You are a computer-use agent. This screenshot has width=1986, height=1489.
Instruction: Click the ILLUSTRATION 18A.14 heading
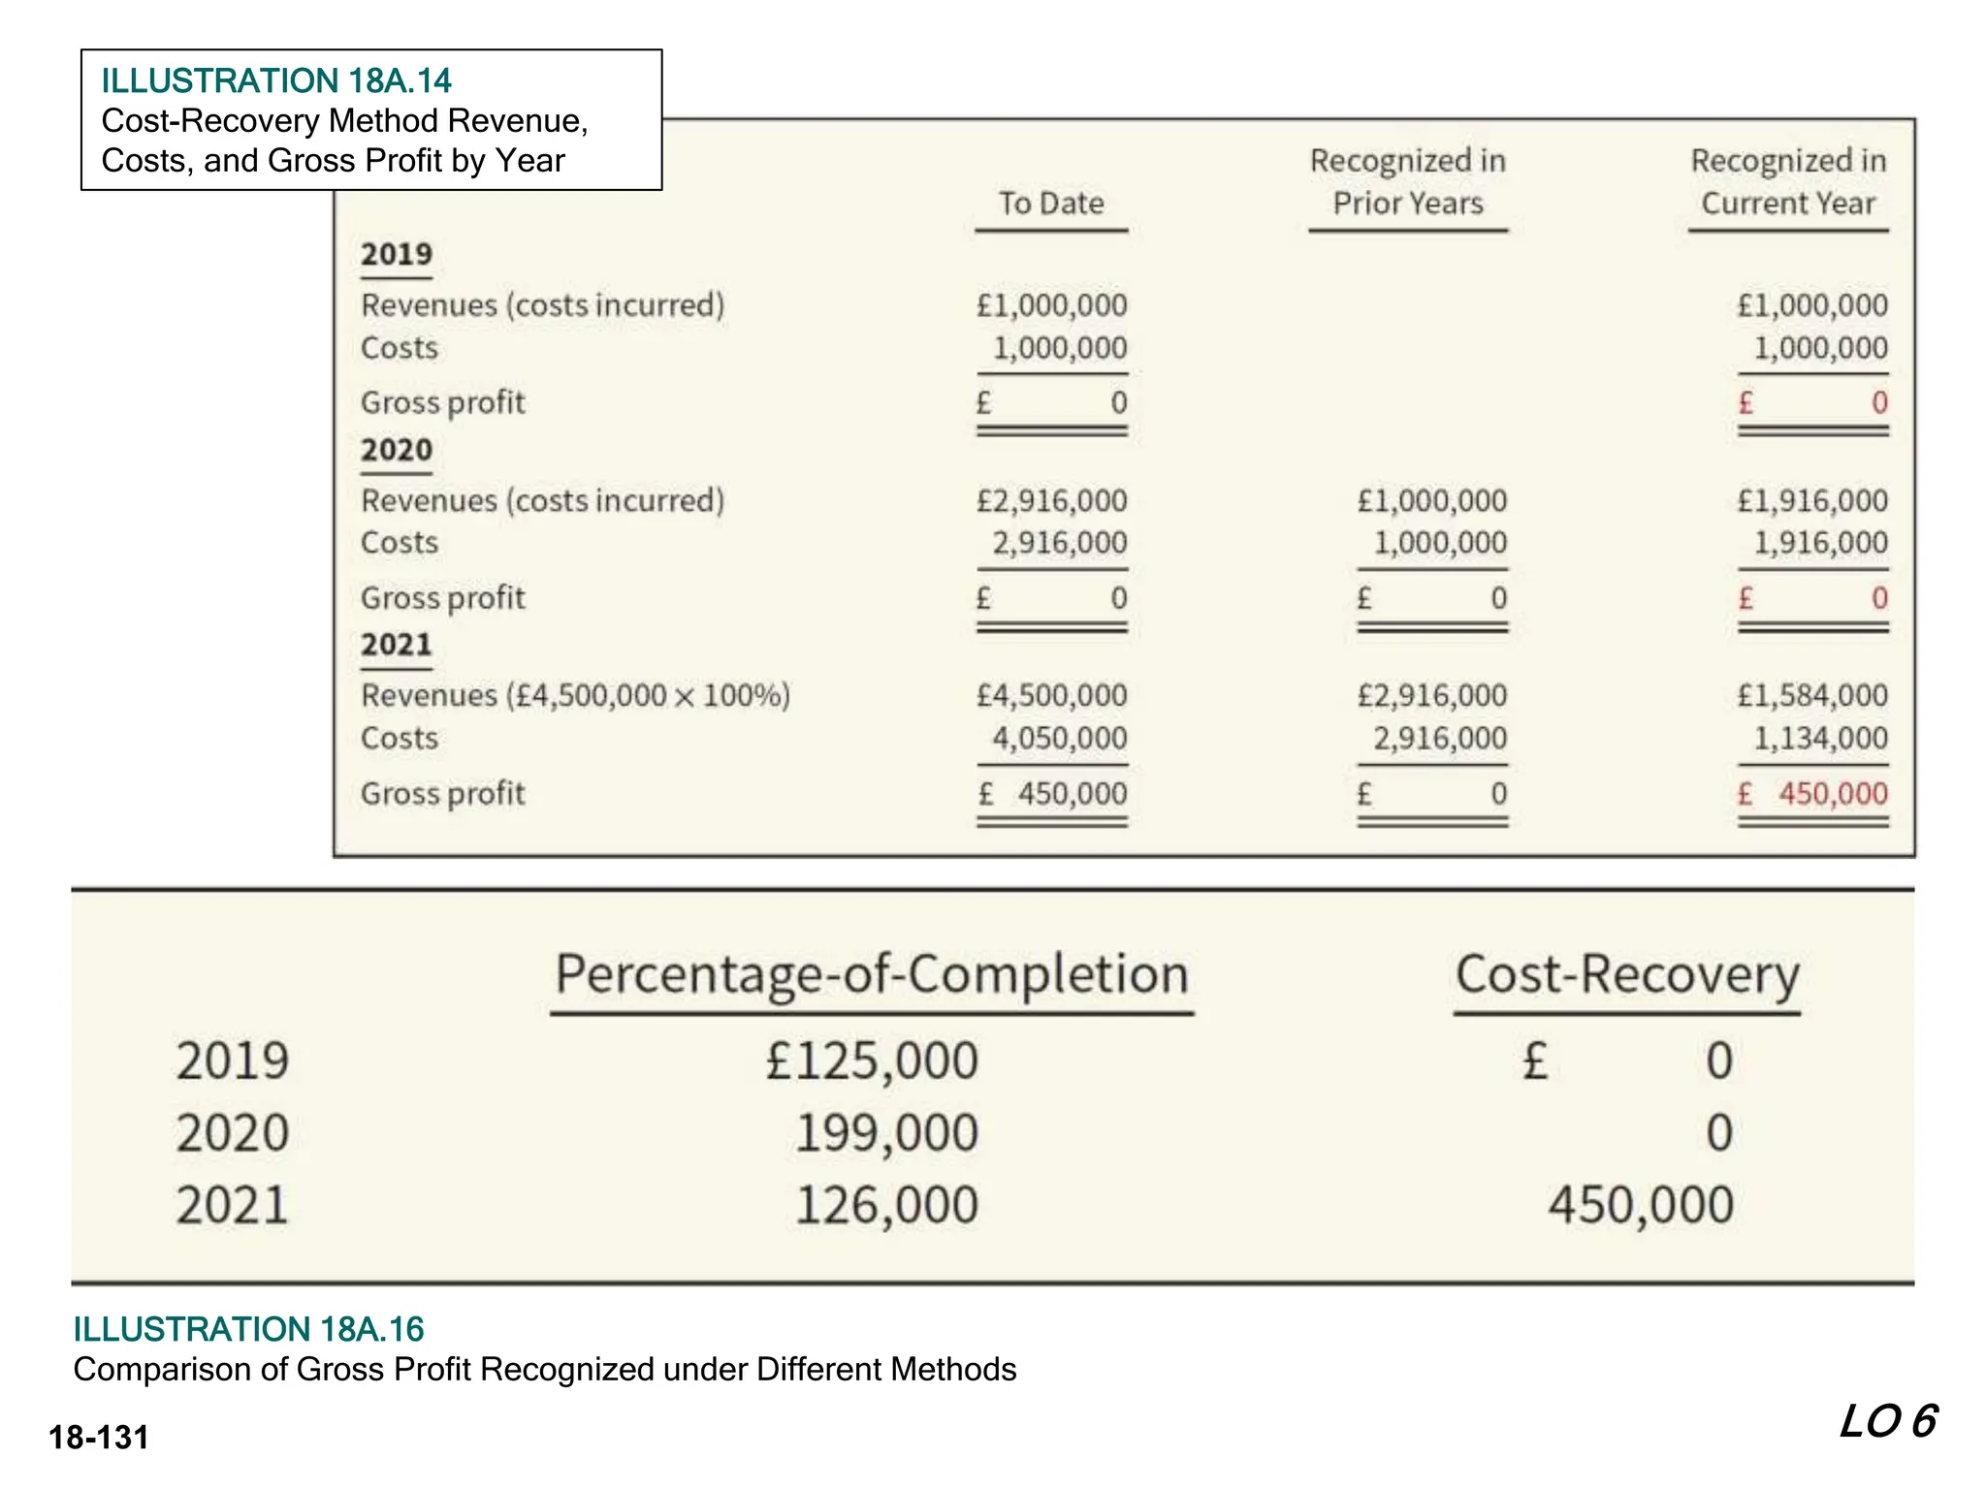tap(276, 80)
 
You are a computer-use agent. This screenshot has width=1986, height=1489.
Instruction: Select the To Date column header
tap(1051, 204)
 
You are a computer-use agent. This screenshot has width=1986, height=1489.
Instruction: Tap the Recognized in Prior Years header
tap(1408, 181)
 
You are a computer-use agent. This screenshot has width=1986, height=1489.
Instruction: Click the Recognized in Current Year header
tap(1788, 181)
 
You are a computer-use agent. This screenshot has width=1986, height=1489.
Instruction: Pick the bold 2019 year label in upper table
tap(397, 254)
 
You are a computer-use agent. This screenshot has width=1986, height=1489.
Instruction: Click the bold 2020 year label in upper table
tap(397, 450)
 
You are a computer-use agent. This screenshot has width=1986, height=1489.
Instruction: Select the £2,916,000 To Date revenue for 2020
tap(1051, 501)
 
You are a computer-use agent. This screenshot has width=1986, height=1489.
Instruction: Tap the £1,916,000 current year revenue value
tap(1812, 501)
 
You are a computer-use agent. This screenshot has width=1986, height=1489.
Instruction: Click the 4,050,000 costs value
tap(1059, 739)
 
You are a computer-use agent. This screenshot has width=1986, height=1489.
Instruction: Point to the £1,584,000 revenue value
tap(1812, 696)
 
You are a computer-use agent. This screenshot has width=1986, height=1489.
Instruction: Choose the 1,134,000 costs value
tap(1820, 739)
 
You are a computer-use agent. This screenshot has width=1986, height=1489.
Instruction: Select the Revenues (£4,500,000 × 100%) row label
tap(575, 696)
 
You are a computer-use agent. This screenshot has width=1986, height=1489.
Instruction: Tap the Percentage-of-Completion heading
tap(872, 974)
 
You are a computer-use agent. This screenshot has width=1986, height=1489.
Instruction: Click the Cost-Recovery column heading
tap(1627, 974)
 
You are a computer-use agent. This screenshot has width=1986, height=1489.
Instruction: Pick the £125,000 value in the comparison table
tap(872, 1061)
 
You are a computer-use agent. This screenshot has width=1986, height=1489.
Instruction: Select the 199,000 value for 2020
tap(886, 1133)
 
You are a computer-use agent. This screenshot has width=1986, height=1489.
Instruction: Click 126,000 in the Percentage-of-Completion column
tap(886, 1206)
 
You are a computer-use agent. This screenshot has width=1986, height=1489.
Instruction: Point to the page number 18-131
tap(99, 1437)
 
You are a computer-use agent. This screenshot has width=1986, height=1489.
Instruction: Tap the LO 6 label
tap(1888, 1422)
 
